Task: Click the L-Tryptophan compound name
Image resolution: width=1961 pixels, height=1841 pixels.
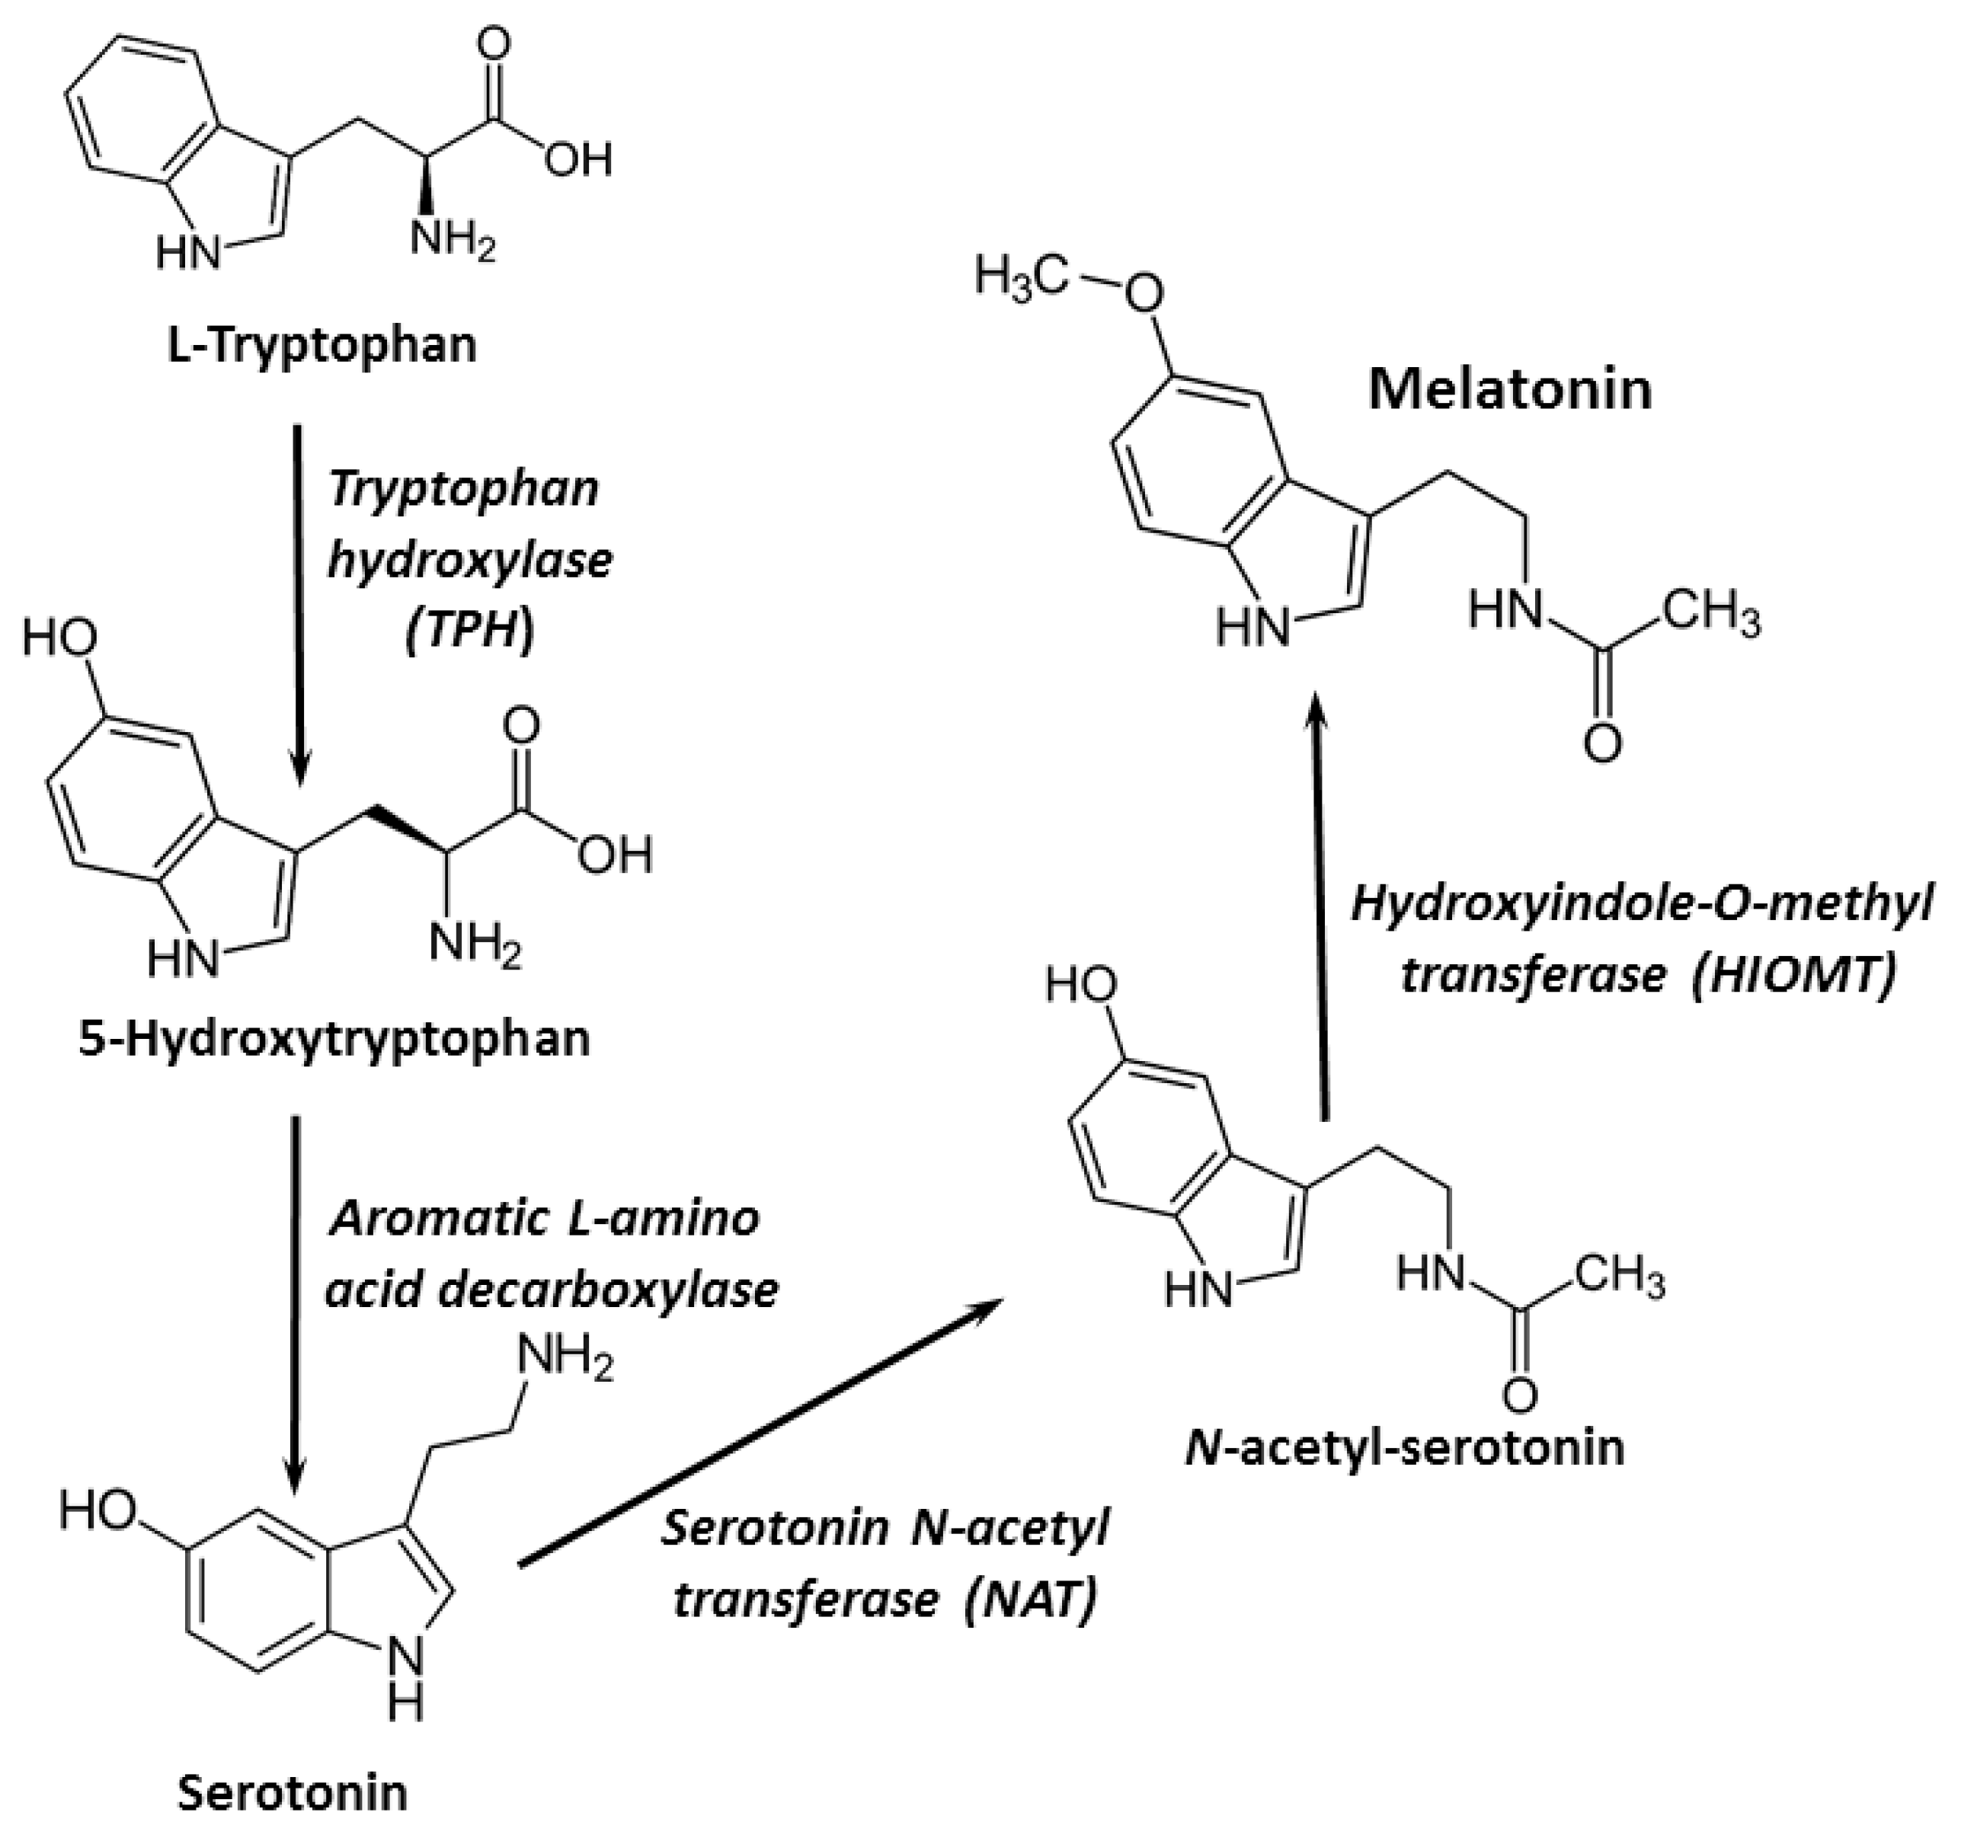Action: [322, 346]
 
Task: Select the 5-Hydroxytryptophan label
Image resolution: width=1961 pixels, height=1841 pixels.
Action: [334, 1039]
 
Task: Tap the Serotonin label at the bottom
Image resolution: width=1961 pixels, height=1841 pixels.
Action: [293, 1791]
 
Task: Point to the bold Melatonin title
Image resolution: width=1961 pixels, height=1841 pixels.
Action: [1509, 389]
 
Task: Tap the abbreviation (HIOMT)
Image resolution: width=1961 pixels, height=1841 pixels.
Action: [1793, 976]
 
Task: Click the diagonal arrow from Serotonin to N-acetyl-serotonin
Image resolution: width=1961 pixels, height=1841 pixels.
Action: [760, 1433]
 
